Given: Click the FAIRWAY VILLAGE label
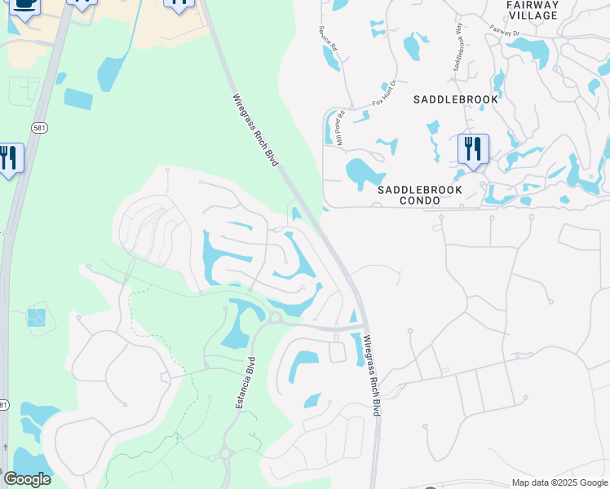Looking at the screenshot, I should [533, 10].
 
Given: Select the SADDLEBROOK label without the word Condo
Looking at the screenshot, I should [455, 99].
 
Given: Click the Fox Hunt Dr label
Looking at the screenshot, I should [384, 93].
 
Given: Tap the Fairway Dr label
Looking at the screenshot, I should [505, 31].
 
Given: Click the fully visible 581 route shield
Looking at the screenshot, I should [38, 128].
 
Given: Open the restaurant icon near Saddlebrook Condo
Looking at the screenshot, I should [472, 149].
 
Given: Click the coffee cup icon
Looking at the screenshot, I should [24, 5].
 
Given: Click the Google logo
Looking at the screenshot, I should [27, 478].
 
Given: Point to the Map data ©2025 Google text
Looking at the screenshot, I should [559, 482].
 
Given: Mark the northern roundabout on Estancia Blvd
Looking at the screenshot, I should [275, 317].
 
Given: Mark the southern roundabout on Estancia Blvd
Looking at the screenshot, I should [226, 454].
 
